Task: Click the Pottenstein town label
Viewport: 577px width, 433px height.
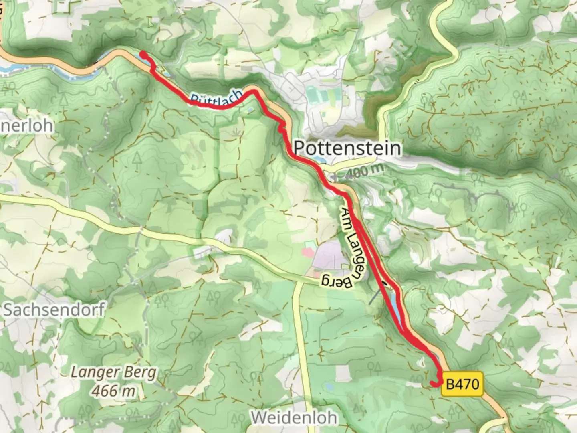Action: (x=347, y=148)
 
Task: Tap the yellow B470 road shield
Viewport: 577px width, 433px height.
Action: (x=462, y=384)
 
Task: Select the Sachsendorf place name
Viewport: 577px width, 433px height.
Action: (x=54, y=310)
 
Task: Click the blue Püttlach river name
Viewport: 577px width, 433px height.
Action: (x=216, y=97)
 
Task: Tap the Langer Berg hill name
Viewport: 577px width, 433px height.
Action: (x=113, y=372)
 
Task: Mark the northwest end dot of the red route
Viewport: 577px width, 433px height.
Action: (x=142, y=53)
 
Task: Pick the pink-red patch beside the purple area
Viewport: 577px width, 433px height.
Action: (x=308, y=253)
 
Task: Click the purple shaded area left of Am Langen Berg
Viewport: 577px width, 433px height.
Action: (x=327, y=257)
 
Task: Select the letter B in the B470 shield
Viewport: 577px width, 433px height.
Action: (x=450, y=384)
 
